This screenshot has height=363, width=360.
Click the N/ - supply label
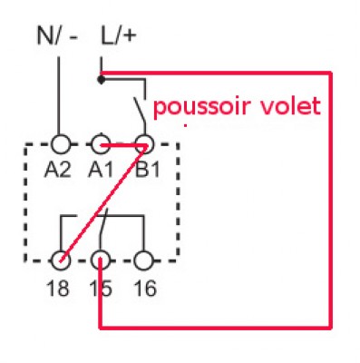point(57,35)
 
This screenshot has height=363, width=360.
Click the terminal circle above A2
point(60,144)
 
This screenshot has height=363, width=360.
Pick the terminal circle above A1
point(102,144)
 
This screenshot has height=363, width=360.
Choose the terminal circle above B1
point(142,144)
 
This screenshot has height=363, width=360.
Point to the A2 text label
point(58,170)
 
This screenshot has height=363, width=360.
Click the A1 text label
point(101,170)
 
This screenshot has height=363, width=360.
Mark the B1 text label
point(142,170)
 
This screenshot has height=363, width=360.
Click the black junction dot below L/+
point(102,80)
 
